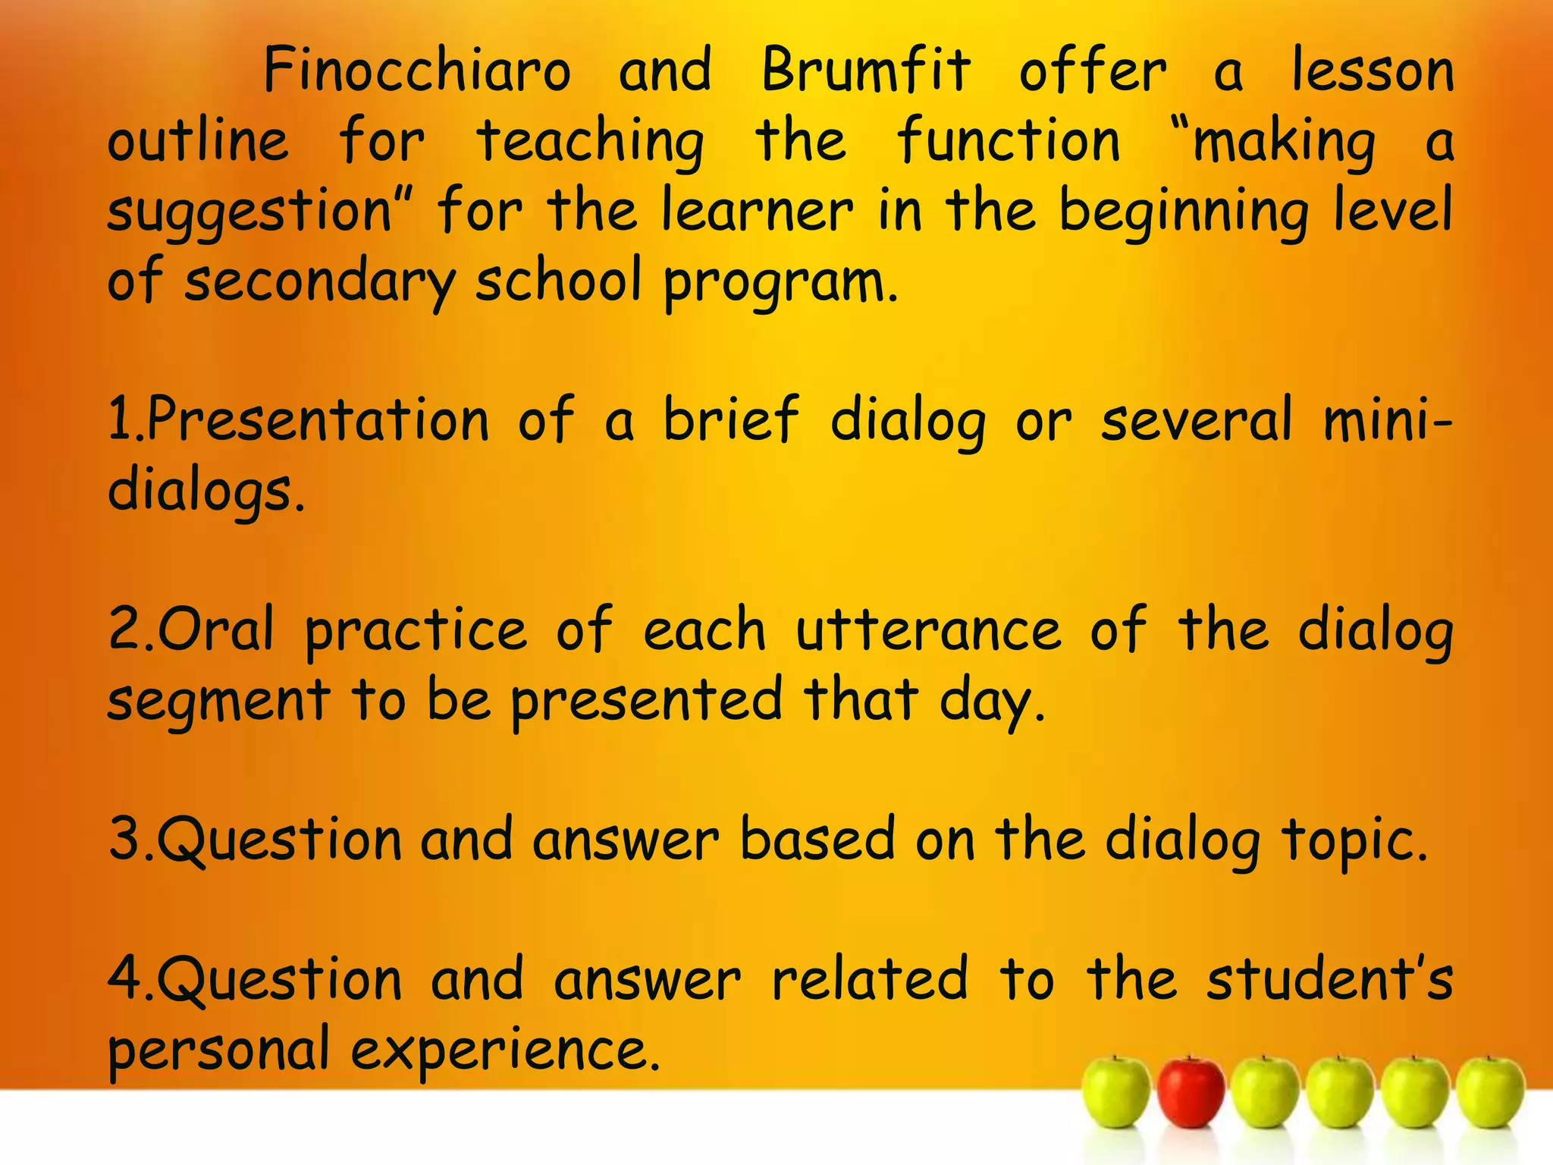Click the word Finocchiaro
pos(416,70)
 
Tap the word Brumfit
pos(865,70)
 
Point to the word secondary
pos(319,281)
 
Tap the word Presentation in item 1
pos(318,420)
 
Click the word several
pos(1196,420)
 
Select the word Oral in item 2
pos(215,630)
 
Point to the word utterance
pos(928,630)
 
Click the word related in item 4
pos(870,978)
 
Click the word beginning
pos(1183,212)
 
